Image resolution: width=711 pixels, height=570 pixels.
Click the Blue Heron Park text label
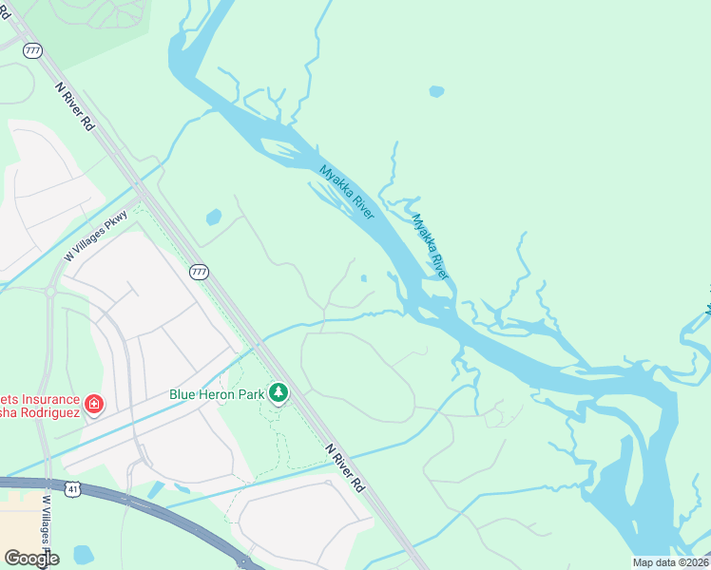(x=217, y=393)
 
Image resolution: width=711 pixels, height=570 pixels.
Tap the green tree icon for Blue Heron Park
(x=278, y=392)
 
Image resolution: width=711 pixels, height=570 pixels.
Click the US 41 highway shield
(x=73, y=488)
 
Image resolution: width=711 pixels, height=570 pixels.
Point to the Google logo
(x=30, y=559)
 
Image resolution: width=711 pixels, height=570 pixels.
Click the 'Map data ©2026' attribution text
(x=670, y=562)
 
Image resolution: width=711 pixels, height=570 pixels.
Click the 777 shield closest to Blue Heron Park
(x=198, y=273)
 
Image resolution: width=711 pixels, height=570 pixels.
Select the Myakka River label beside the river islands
(x=347, y=192)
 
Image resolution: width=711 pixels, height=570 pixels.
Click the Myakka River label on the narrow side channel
(x=430, y=246)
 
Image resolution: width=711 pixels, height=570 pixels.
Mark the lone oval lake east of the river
(x=436, y=92)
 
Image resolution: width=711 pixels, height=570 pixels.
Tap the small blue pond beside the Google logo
(x=84, y=554)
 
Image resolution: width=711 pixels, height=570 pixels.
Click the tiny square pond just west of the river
(x=365, y=278)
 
